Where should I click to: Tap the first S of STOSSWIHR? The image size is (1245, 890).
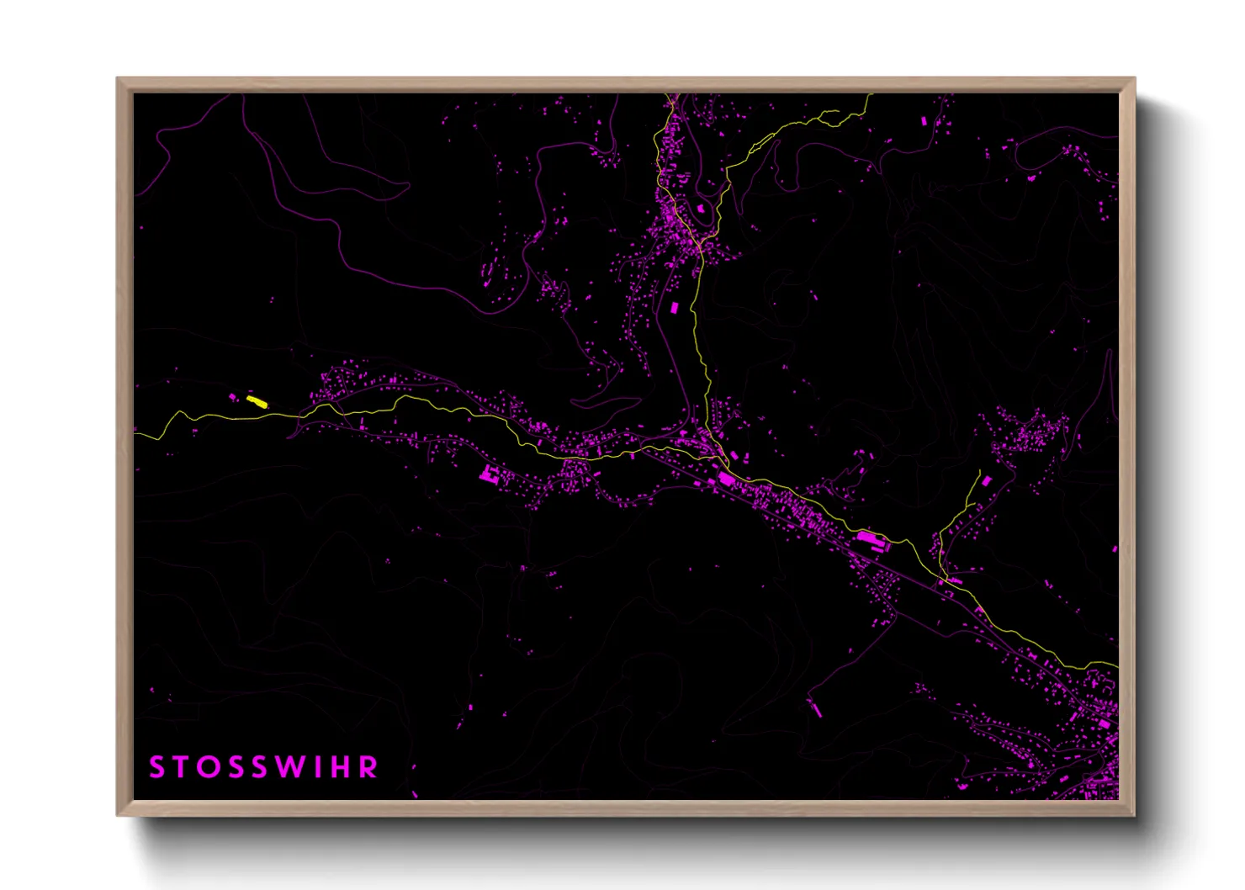click(156, 767)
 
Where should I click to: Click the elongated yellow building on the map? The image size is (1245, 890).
click(257, 402)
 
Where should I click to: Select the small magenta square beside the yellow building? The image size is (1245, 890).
click(233, 396)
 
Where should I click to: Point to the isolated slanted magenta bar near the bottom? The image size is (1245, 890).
click(813, 707)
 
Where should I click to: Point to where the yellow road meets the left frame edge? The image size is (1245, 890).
click(136, 435)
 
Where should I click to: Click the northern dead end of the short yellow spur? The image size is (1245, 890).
click(980, 471)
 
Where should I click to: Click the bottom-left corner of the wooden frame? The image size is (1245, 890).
click(118, 814)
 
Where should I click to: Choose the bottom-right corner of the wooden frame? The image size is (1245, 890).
click(1134, 814)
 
